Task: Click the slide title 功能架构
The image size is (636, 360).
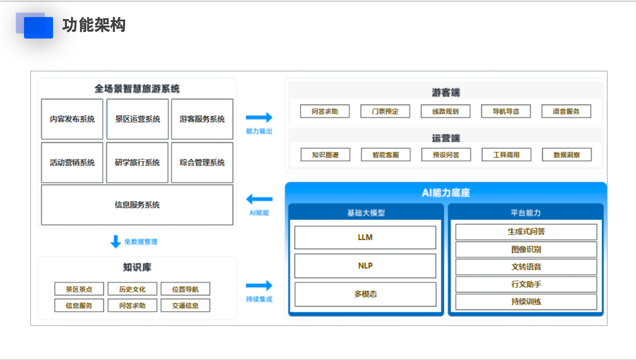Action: coord(94,25)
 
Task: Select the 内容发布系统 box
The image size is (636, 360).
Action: coord(72,119)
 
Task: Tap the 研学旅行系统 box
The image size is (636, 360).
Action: coord(137,163)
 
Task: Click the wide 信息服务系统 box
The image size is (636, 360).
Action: coord(137,205)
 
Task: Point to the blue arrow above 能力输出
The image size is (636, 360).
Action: coord(259,117)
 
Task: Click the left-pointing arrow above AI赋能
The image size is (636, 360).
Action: coord(259,199)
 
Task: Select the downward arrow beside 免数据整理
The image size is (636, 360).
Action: coord(116,242)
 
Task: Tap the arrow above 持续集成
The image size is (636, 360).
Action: coord(259,285)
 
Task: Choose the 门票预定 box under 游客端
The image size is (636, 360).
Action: coord(385,111)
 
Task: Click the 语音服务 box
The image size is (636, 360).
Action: coord(566,111)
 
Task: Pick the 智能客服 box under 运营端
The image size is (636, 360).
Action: coord(386,155)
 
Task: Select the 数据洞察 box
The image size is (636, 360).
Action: coord(567,155)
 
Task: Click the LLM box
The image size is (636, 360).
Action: coord(365,237)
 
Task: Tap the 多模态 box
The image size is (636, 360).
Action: coord(365,294)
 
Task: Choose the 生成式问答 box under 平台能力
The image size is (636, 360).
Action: coord(526,232)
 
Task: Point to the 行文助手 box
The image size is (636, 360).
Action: coord(526,284)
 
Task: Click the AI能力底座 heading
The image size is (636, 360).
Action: coord(446,193)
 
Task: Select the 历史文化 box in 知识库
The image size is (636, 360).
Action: coord(132,289)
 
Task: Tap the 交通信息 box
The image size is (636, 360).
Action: coord(185,305)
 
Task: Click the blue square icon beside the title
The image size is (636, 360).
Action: coord(38,27)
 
